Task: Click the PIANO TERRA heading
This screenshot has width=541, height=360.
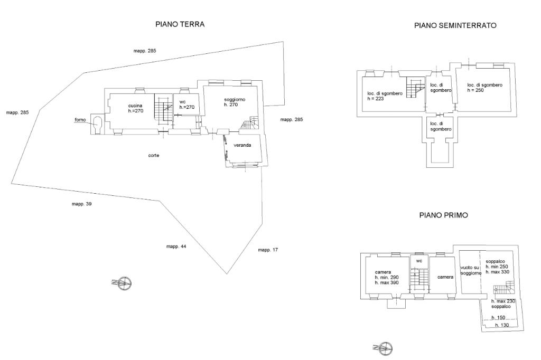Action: (x=180, y=24)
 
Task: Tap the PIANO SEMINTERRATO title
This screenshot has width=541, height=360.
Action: (x=455, y=25)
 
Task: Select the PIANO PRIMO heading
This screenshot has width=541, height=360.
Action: (x=443, y=215)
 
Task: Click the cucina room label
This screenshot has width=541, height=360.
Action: (x=135, y=106)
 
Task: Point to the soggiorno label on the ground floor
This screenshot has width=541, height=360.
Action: (x=235, y=99)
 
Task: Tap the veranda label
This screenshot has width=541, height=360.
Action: (x=242, y=145)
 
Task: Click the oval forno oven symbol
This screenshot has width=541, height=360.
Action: (x=97, y=124)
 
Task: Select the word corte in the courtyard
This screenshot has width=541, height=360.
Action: (x=154, y=156)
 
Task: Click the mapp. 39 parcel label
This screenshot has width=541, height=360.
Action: (x=81, y=204)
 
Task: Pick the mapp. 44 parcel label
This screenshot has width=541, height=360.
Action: (x=176, y=247)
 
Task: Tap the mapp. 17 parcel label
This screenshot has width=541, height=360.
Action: (x=268, y=250)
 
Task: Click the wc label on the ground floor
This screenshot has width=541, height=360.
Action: (x=182, y=102)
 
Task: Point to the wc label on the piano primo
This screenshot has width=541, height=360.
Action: (x=419, y=261)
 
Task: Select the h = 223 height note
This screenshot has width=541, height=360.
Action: (x=376, y=99)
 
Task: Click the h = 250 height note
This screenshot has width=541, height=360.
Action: (x=475, y=90)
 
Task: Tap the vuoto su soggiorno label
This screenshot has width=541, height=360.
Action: (x=471, y=270)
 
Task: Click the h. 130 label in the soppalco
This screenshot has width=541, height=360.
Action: (x=502, y=325)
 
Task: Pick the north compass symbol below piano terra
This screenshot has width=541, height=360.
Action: (x=123, y=283)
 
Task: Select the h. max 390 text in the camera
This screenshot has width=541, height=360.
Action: (x=386, y=283)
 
